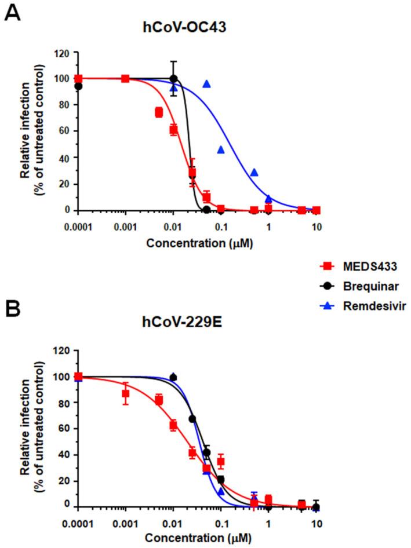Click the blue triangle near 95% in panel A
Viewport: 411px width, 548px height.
tap(206, 84)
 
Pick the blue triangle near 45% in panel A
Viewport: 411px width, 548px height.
tap(221, 149)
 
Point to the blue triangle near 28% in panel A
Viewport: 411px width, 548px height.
tap(254, 173)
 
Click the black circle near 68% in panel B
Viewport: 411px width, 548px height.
tap(193, 419)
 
